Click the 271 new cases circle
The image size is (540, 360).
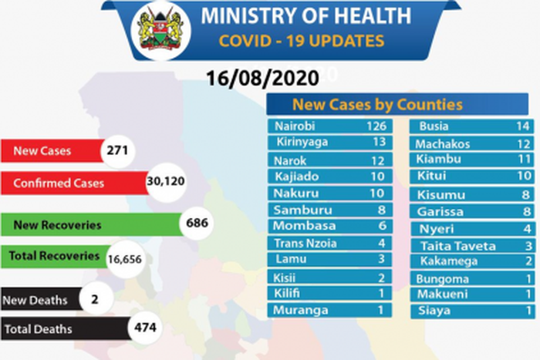[116, 151]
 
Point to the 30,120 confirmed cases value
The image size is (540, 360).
[165, 183]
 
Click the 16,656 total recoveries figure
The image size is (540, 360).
[125, 260]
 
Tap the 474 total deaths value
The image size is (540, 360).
[144, 328]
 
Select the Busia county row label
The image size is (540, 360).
[433, 126]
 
